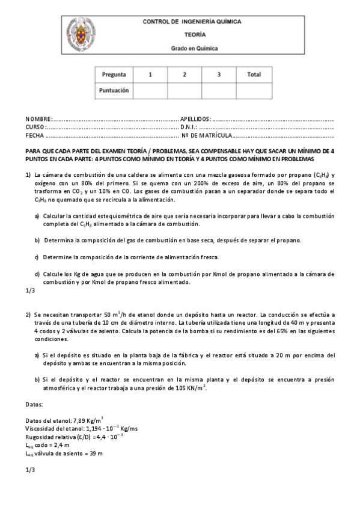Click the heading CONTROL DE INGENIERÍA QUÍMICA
(x=192, y=22)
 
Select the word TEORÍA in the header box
(x=192, y=35)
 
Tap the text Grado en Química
(x=192, y=48)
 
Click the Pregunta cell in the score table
(x=114, y=75)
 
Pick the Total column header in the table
(x=254, y=75)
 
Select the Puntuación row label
(x=114, y=90)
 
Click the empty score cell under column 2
(x=185, y=90)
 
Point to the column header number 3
(x=219, y=75)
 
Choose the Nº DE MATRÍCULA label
(x=209, y=135)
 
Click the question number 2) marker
(x=28, y=315)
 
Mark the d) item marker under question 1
(x=37, y=274)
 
